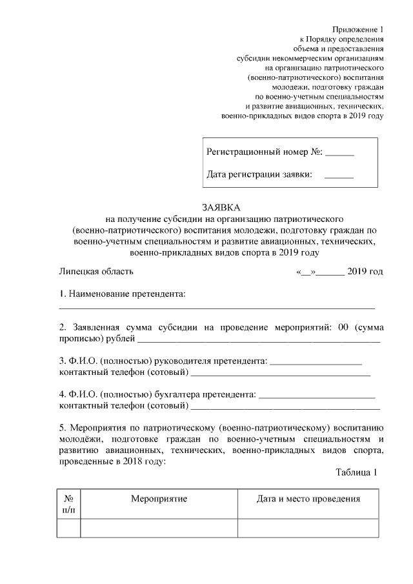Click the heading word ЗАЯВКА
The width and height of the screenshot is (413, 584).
pos(220,208)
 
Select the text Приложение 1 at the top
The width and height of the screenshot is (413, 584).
pos(358,30)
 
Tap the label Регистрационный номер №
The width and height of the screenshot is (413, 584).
pos(264,154)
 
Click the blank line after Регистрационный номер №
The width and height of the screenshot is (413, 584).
pos(339,156)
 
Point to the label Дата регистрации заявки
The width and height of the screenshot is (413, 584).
pos(259,174)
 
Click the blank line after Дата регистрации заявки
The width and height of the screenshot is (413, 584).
pos(339,176)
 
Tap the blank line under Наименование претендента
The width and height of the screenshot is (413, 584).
pos(217,307)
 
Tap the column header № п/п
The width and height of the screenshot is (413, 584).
pos(68,504)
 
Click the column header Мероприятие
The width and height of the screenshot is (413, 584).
pos(159,499)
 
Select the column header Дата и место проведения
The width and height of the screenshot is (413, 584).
pos(308,499)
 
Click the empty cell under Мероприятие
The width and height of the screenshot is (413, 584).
pos(159,529)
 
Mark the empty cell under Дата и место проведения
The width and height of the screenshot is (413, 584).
pos(308,529)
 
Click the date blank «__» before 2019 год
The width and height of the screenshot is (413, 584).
pos(305,272)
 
